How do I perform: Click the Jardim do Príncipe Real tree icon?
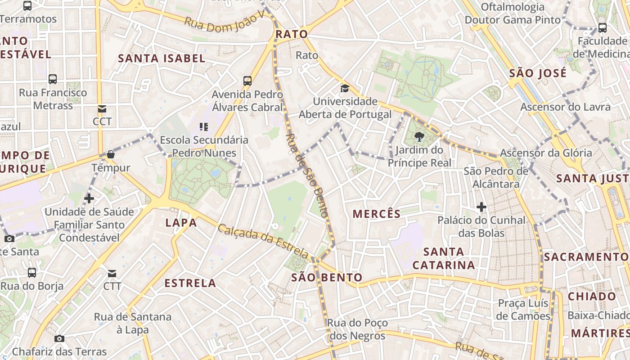419,136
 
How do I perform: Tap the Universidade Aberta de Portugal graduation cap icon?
345,88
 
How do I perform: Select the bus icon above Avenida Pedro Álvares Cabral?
247,81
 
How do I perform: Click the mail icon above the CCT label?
102,109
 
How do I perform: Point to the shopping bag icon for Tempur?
111,155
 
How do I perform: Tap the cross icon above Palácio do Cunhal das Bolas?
481,207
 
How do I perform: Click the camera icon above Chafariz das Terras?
59,338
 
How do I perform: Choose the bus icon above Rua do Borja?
32,273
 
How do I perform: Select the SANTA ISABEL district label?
162,58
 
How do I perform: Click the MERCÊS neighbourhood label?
376,214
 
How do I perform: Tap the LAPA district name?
181,222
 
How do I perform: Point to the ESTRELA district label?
190,283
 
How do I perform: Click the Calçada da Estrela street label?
264,241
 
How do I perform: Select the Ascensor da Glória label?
546,153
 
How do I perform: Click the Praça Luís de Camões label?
523,309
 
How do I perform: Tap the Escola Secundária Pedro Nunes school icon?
203,127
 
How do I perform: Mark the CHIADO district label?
592,297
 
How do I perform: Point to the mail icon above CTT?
112,274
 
